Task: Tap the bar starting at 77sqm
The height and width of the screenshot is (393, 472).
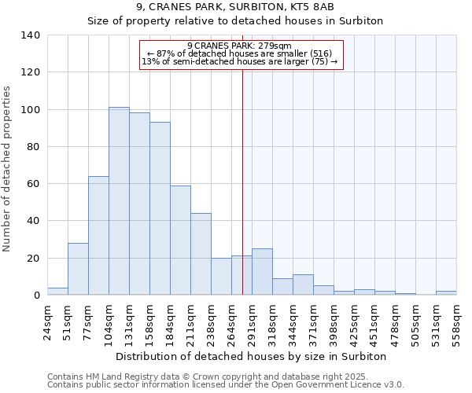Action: [x=98, y=236]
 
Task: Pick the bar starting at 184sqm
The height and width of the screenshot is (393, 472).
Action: [x=180, y=241]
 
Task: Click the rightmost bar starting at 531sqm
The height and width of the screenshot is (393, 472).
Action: [x=446, y=293]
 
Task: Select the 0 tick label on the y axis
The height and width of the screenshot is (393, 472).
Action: [x=36, y=296]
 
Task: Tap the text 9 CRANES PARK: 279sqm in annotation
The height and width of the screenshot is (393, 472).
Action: [x=240, y=46]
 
